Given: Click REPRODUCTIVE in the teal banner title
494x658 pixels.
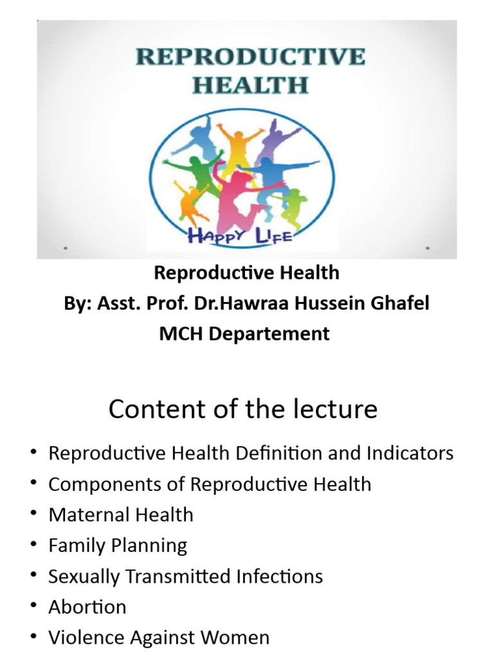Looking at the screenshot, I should [x=250, y=57].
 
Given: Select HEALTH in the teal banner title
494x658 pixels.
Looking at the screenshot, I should [x=250, y=85].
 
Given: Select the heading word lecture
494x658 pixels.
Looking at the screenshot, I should [x=334, y=409].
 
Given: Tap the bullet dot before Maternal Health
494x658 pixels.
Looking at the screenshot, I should [x=33, y=515].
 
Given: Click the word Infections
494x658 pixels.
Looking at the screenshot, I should [x=277, y=576].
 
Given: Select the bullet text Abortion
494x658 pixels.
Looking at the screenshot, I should [x=87, y=607].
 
